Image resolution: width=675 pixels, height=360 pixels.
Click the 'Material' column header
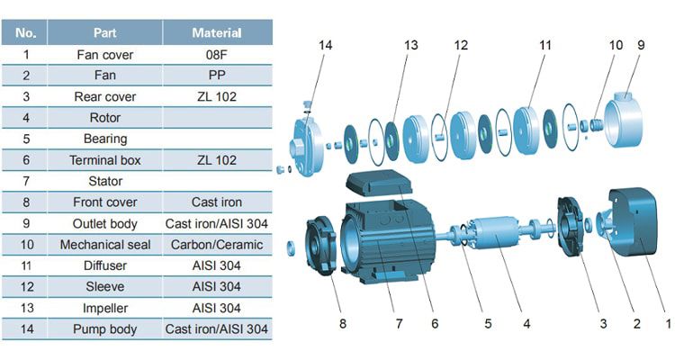(216, 33)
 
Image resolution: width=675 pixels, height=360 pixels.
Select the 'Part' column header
(105, 33)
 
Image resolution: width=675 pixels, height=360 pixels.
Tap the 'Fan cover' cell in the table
(105, 54)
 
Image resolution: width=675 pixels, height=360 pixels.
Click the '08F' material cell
(216, 54)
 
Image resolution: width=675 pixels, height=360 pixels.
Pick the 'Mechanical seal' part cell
(105, 245)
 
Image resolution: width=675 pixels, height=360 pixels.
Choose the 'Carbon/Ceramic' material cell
(216, 245)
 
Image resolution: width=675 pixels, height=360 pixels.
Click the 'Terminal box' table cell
(105, 160)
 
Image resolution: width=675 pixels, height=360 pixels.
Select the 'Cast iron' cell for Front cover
(216, 202)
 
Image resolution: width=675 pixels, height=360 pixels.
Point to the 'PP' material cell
(216, 76)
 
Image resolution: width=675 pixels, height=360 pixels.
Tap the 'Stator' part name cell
(105, 181)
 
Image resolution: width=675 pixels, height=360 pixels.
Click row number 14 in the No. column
(27, 329)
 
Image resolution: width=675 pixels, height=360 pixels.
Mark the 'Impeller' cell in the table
(105, 308)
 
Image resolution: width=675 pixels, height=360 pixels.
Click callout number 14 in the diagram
(325, 43)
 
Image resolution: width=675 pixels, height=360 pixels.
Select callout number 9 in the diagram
(641, 43)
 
